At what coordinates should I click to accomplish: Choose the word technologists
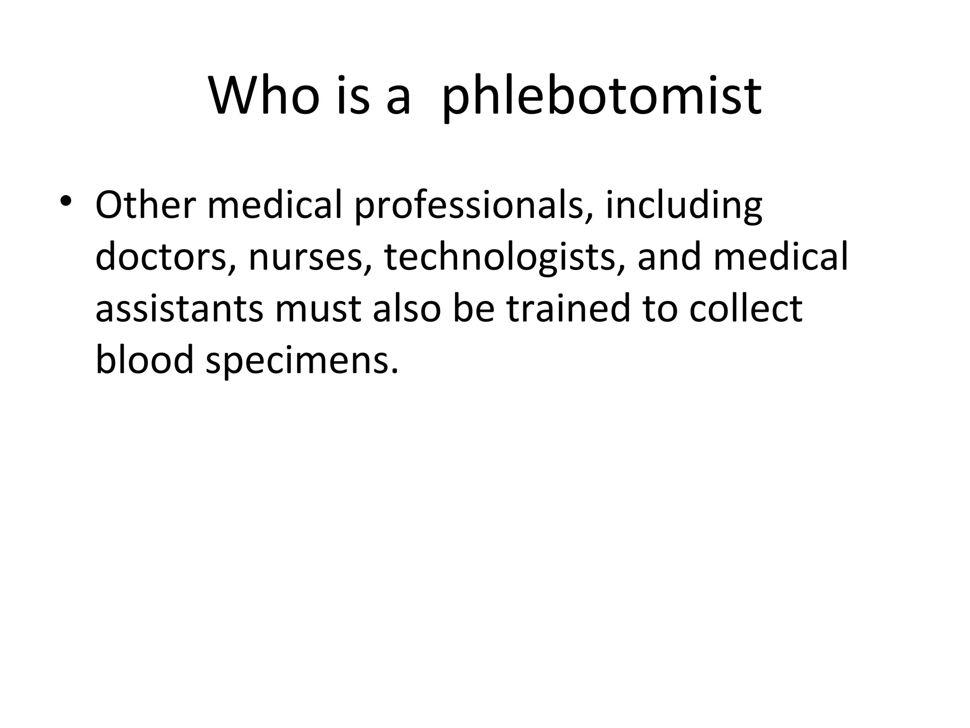tap(504, 258)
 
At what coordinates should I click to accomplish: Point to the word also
tap(408, 308)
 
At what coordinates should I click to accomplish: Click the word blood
tap(145, 359)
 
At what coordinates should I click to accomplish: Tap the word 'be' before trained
tap(474, 308)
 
